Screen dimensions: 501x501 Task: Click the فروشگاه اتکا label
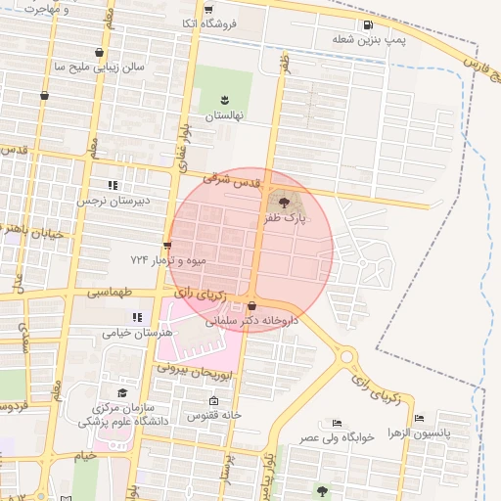tap(203, 23)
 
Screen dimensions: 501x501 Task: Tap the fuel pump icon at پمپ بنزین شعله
tap(367, 25)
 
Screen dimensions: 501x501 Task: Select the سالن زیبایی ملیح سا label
tap(99, 68)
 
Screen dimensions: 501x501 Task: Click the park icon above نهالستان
tap(223, 99)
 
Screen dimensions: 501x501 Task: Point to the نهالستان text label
tap(223, 115)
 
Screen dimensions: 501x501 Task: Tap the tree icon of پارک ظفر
tap(284, 203)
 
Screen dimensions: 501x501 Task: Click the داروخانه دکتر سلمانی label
tap(251, 320)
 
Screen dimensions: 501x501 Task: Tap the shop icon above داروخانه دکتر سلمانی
tap(252, 305)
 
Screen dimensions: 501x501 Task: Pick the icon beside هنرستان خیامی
tap(137, 317)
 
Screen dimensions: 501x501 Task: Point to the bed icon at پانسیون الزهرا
tap(420, 418)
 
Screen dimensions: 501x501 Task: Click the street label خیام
tap(86, 455)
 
